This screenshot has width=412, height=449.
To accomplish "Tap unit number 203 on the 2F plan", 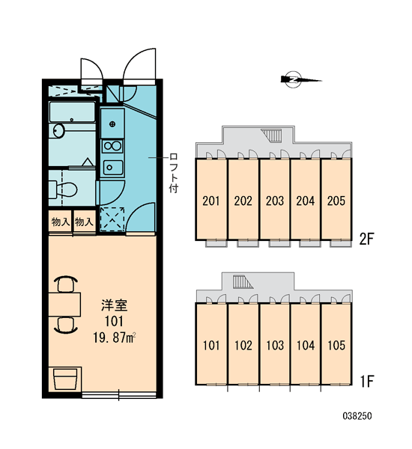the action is click(x=274, y=201).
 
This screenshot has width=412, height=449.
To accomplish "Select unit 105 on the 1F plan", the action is click(x=336, y=345).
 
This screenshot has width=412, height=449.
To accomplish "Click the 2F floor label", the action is click(x=367, y=239).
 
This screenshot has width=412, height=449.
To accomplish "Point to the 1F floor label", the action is click(x=367, y=381).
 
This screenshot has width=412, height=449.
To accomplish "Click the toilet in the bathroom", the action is click(x=63, y=189).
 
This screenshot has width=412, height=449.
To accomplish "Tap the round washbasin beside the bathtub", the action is click(x=58, y=131).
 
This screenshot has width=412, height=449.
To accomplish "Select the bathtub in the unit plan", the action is click(x=72, y=112).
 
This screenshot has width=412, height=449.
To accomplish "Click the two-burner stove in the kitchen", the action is click(x=112, y=146).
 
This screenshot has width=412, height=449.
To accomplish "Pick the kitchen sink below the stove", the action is click(x=113, y=168).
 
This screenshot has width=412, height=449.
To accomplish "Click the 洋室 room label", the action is click(x=114, y=305).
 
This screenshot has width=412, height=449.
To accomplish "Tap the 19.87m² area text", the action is click(x=114, y=338).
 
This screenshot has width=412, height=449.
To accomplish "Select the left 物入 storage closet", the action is click(x=61, y=222).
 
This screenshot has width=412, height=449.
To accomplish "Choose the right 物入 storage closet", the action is click(x=85, y=222).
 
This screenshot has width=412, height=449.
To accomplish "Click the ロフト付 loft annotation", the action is click(x=174, y=173).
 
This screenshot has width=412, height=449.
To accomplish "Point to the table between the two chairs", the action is click(x=64, y=304).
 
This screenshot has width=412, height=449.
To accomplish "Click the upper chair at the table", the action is click(x=66, y=284).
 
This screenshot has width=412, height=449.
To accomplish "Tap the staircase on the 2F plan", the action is click(x=272, y=135).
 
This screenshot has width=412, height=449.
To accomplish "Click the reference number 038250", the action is click(x=357, y=416).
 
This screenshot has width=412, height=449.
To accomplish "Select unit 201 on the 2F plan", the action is click(x=211, y=201).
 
